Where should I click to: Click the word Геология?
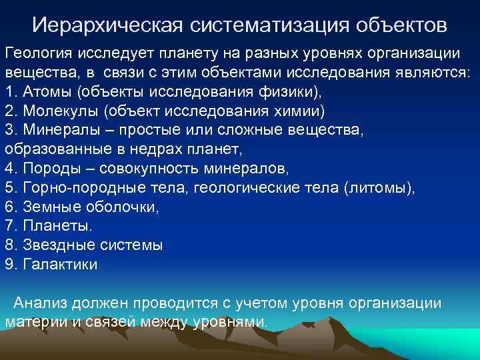[37, 53]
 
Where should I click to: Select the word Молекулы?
[55, 111]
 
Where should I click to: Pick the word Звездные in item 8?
[53, 245]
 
